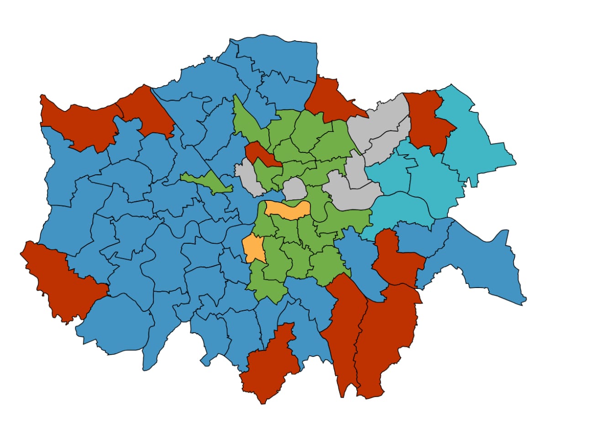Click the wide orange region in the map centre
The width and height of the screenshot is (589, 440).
[x=288, y=210]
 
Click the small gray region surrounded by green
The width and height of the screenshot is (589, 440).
[x=294, y=189]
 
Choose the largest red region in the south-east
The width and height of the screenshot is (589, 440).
[x=388, y=338]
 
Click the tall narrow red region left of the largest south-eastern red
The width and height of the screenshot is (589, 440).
[x=345, y=333]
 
